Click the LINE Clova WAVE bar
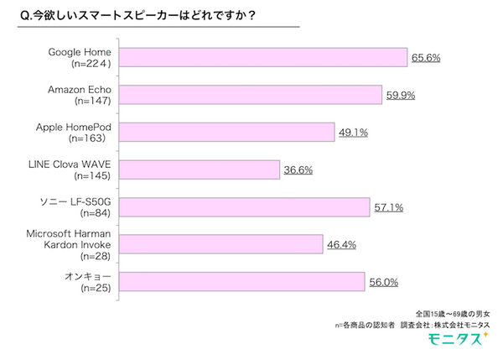pos(202,170)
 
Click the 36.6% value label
pos(298,170)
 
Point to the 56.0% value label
pos(382,282)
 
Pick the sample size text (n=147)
pos(99,101)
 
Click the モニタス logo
pos(459,341)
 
